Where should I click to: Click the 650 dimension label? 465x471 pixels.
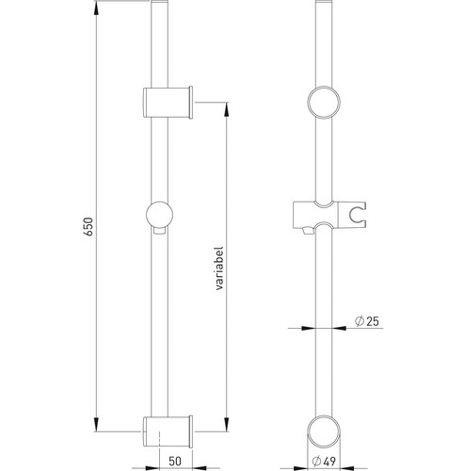click(89, 227)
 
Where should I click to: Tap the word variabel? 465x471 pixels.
click(219, 268)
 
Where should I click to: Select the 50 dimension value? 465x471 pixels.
click(175, 461)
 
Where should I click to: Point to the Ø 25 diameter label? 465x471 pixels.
click(367, 321)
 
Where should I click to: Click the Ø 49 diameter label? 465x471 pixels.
click(324, 461)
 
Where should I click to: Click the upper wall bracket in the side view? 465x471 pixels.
click(168, 102)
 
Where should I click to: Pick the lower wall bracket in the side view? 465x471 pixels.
click(168, 431)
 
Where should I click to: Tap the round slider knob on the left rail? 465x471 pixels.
click(159, 215)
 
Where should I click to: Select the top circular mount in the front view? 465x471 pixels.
click(324, 103)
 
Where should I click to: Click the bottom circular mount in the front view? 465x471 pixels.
click(324, 431)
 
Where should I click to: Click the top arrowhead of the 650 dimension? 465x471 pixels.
click(96, 8)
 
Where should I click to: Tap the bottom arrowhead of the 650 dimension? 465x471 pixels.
click(96, 425)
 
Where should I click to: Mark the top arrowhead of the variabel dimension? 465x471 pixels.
click(226, 109)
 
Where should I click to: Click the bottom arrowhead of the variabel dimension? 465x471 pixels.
click(226, 425)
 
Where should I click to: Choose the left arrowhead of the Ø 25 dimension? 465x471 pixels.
click(308, 328)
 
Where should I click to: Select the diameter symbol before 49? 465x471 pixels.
click(316, 462)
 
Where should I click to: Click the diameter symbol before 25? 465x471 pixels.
click(359, 321)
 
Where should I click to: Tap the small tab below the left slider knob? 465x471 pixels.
click(159, 231)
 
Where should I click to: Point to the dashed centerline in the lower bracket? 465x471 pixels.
click(160, 439)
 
